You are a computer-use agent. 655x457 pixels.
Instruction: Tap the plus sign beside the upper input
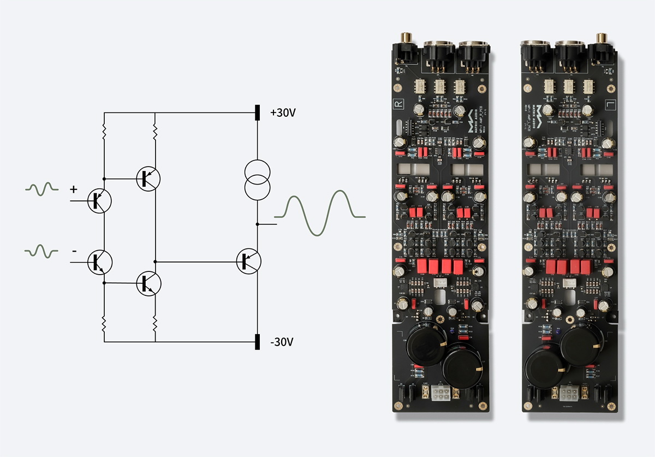(x=73, y=189)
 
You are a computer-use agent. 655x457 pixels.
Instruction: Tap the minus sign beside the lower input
(x=74, y=251)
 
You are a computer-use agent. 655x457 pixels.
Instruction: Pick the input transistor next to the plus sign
(x=99, y=201)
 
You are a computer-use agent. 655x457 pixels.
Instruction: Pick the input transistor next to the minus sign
(x=100, y=262)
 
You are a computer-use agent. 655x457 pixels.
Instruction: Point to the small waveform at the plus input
(x=41, y=189)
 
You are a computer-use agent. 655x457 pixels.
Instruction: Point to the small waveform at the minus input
(x=41, y=251)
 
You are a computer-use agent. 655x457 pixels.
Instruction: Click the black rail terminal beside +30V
(x=257, y=113)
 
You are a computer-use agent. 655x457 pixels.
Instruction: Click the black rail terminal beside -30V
(x=257, y=342)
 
